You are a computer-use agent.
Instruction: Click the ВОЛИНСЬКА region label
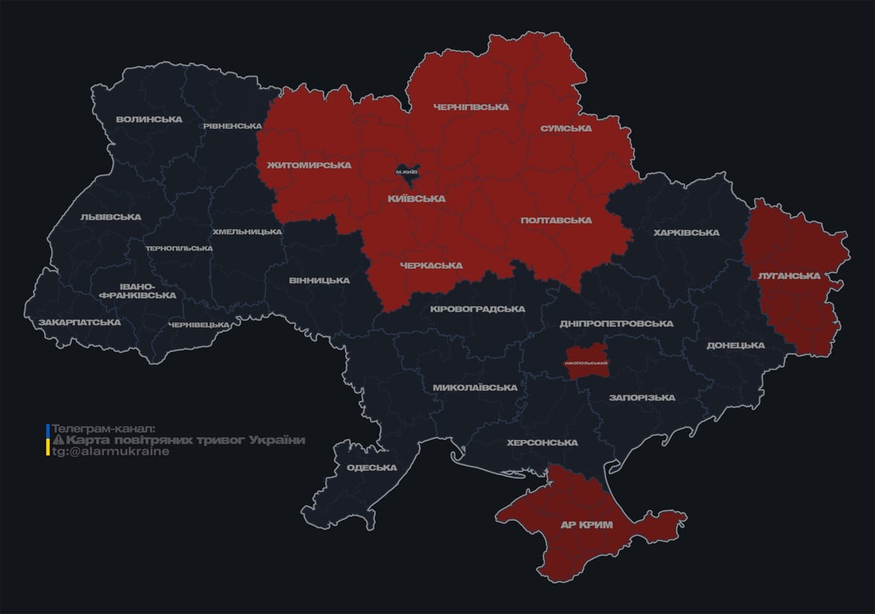click(149, 119)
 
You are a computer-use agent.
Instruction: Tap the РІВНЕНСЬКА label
click(232, 126)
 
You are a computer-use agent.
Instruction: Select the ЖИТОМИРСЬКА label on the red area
click(310, 165)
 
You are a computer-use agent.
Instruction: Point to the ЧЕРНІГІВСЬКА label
click(470, 106)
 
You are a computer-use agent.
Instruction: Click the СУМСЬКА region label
click(565, 128)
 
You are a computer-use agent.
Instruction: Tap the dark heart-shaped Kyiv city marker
click(407, 171)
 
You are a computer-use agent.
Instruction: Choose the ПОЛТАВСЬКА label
click(556, 220)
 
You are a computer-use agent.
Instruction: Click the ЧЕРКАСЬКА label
click(431, 265)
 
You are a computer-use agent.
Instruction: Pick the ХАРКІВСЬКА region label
click(686, 233)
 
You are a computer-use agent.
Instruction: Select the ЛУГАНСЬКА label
click(789, 275)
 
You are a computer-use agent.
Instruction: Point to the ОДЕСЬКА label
click(372, 468)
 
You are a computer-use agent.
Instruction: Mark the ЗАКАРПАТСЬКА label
click(80, 322)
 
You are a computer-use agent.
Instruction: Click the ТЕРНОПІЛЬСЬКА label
click(179, 248)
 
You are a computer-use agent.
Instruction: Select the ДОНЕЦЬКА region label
click(735, 345)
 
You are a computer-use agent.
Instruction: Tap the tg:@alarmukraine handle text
click(110, 451)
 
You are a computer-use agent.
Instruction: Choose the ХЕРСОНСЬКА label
click(541, 442)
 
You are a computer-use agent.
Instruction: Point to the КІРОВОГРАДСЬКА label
click(477, 309)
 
